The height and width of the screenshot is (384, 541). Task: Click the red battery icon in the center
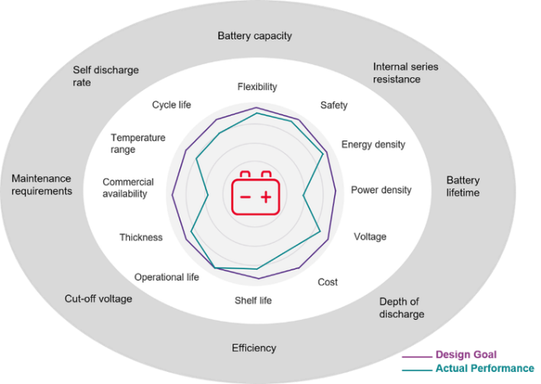pyautogui.click(x=254, y=194)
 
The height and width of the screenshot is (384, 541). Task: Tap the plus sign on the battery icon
pyautogui.click(x=265, y=198)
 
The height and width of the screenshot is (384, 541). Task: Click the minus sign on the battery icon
pyautogui.click(x=245, y=198)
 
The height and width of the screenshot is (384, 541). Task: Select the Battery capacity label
pyautogui.click(x=254, y=36)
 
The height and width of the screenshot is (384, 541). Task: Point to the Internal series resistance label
pyautogui.click(x=406, y=73)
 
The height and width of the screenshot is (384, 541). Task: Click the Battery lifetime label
pyautogui.click(x=463, y=186)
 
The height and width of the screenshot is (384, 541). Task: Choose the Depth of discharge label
pyautogui.click(x=401, y=308)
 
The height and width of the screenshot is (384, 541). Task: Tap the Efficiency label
pyautogui.click(x=254, y=348)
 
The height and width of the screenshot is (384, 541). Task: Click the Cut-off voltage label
pyautogui.click(x=99, y=298)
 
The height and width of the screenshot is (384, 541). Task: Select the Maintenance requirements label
pyautogui.click(x=42, y=185)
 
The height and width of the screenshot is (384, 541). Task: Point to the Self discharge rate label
pyautogui.click(x=106, y=76)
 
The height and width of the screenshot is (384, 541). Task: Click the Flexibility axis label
pyautogui.click(x=257, y=86)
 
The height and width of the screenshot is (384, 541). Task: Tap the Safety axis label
pyautogui.click(x=334, y=105)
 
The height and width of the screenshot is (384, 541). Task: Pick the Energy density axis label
pyautogui.click(x=373, y=144)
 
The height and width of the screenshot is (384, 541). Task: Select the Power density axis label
pyautogui.click(x=381, y=190)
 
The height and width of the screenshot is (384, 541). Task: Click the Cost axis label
pyautogui.click(x=328, y=282)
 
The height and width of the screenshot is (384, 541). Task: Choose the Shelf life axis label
pyautogui.click(x=253, y=300)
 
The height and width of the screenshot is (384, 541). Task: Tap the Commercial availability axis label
pyautogui.click(x=128, y=188)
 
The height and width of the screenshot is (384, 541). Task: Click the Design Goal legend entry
pyautogui.click(x=466, y=354)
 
